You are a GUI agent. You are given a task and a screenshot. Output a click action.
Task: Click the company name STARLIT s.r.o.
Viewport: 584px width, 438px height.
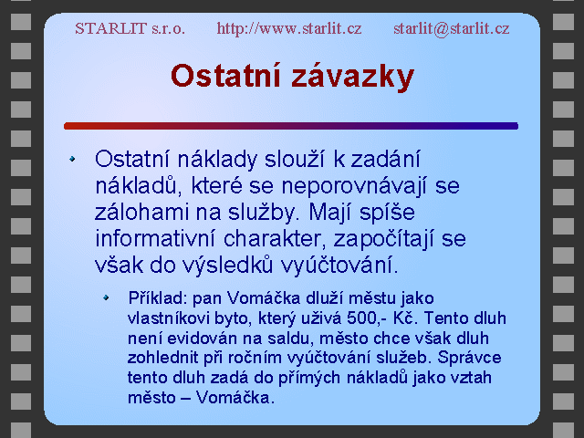tap(130, 28)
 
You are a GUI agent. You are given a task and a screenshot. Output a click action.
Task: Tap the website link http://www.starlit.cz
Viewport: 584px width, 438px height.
tap(289, 28)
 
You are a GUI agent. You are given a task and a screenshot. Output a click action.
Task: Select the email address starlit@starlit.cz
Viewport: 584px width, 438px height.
tap(452, 28)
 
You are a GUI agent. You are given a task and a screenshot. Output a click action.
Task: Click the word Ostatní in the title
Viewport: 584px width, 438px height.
tap(225, 76)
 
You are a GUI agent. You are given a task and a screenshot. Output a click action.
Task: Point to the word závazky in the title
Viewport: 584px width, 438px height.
tap(353, 78)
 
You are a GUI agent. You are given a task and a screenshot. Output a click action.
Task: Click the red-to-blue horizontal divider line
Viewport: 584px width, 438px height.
tap(291, 126)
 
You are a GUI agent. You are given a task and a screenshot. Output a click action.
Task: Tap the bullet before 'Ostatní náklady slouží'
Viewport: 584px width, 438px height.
tap(72, 159)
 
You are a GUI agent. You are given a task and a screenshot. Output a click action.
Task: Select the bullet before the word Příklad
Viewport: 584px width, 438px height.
tap(106, 297)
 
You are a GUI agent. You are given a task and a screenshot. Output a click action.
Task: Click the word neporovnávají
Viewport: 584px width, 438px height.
tap(353, 186)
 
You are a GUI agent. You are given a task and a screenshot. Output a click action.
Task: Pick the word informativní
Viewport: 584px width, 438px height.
tap(155, 238)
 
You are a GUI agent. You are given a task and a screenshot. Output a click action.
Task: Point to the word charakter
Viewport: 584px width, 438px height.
tap(275, 238)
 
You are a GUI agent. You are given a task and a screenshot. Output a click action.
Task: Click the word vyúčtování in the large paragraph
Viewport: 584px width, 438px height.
tap(339, 266)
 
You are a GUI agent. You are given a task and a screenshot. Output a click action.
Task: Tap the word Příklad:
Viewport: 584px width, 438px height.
tap(157, 297)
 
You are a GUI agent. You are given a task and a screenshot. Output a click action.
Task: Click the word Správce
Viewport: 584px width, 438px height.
tap(469, 358)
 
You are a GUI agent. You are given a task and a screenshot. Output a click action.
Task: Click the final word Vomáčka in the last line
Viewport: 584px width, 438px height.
tap(235, 398)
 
